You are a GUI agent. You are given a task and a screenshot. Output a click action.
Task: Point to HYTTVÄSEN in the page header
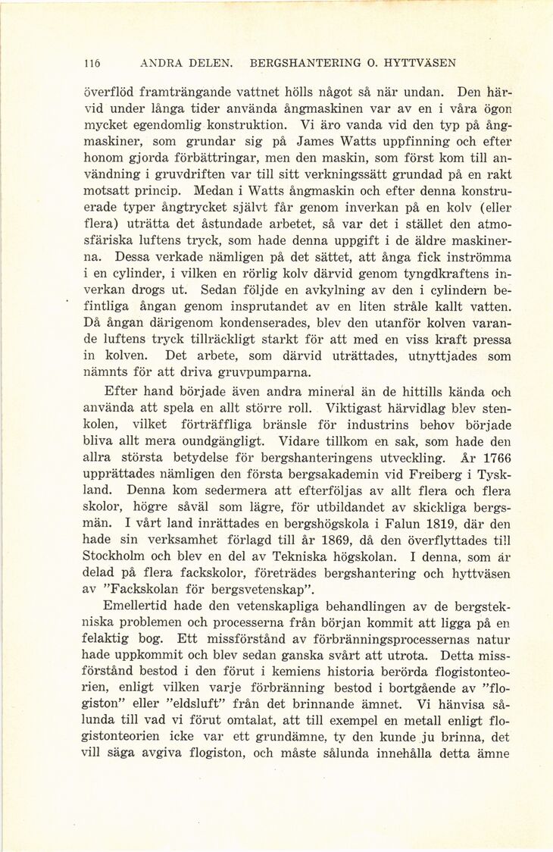(420, 63)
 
